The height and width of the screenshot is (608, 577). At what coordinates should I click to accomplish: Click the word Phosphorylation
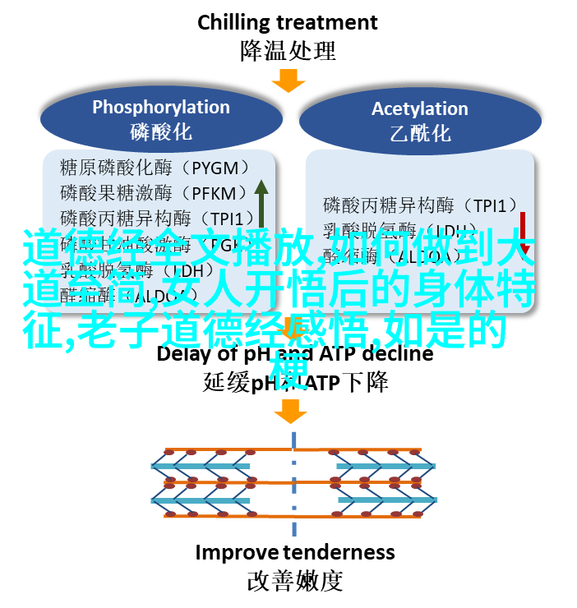click(160, 107)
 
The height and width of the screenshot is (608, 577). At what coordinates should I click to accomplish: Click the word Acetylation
click(419, 108)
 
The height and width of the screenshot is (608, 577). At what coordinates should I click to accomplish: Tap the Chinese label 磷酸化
click(160, 131)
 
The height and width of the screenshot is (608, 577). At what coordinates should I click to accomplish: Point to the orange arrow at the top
click(288, 81)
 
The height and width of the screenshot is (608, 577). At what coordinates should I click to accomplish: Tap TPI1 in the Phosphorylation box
click(233, 219)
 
